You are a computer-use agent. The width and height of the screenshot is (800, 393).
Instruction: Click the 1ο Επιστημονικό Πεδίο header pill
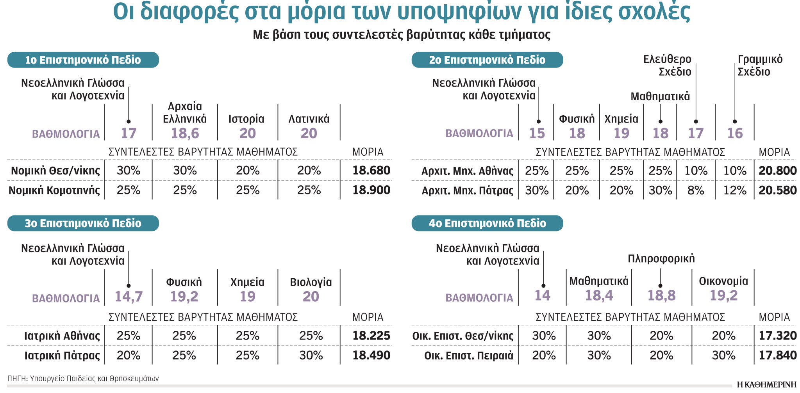click(x=83, y=60)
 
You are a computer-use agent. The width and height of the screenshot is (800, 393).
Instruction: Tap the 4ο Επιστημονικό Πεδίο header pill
click(x=487, y=223)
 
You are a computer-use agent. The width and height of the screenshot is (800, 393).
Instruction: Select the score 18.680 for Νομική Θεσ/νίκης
click(x=371, y=171)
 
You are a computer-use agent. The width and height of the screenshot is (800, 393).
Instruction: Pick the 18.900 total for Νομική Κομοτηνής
click(x=371, y=190)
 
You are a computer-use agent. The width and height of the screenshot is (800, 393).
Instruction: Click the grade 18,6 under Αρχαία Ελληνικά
click(x=185, y=133)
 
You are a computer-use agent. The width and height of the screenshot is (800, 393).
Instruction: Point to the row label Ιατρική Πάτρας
click(x=62, y=356)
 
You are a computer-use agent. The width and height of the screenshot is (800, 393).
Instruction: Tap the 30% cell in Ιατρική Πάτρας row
click(x=311, y=356)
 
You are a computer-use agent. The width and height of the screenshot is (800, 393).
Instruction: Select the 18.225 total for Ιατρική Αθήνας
click(x=371, y=336)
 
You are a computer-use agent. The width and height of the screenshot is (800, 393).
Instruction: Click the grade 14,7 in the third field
click(x=129, y=297)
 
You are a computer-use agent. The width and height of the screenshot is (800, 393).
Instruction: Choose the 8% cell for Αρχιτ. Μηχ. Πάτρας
click(x=696, y=190)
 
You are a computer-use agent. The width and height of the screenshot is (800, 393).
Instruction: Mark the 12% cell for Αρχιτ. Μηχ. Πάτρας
click(x=735, y=190)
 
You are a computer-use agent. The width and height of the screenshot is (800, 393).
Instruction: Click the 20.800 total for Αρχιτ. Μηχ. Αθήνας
click(x=777, y=171)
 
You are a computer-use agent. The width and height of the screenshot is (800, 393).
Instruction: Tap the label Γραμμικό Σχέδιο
click(x=759, y=66)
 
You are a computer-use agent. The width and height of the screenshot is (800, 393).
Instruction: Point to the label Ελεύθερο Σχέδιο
click(x=668, y=66)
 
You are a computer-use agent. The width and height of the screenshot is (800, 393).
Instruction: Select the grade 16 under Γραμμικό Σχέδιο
click(x=735, y=133)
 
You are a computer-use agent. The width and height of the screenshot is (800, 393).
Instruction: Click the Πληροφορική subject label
click(x=661, y=259)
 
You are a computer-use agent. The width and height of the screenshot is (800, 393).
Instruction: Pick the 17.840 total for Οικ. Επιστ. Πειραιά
click(x=777, y=356)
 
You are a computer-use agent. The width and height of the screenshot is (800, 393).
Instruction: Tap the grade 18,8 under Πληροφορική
click(x=661, y=296)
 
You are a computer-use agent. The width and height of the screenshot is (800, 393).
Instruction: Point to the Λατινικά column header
click(x=309, y=119)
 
